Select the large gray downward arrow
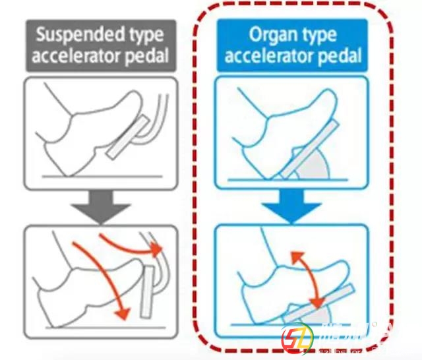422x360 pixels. tap(100, 206)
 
